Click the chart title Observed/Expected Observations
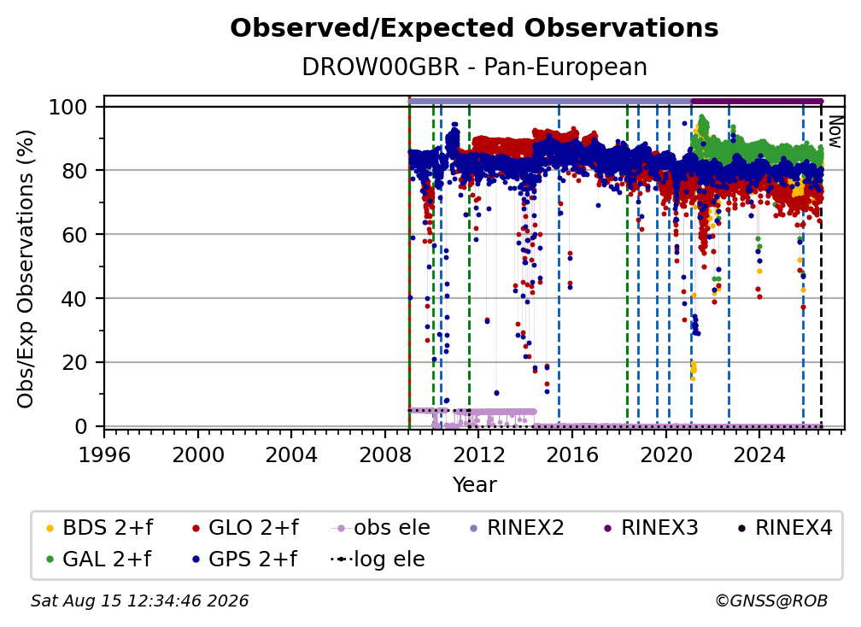pos(474,28)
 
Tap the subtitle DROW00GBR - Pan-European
pos(474,67)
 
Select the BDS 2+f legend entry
pos(99,528)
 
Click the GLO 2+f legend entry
pos(245,528)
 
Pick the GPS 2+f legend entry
pos(244,559)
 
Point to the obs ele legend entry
pos(381,528)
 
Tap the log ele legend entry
pos(378,559)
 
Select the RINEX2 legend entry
pos(518,528)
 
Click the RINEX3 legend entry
pos(651,528)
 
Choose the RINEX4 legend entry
pos(785,528)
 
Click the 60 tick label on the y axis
pos(74,234)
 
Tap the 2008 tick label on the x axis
pos(385,454)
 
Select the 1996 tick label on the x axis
pos(104,454)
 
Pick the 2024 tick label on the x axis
pos(759,454)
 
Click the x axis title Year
pos(474,485)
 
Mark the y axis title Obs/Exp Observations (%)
pos(26,269)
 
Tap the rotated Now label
pos(835,132)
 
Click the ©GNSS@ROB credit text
pos(771,601)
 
